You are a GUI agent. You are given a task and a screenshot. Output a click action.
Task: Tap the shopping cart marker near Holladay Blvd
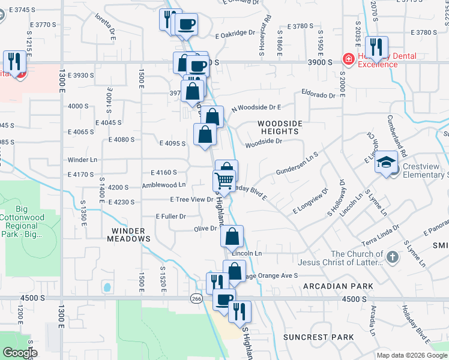click(224, 179)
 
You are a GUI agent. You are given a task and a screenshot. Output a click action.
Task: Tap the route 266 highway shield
click(196, 299)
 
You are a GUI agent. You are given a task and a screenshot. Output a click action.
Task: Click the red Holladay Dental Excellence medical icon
click(348, 59)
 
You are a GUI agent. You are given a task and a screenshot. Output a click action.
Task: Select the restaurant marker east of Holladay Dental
click(376, 48)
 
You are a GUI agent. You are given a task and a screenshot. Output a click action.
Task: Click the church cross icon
click(392, 257)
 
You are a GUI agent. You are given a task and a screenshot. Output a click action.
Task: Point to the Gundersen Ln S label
click(297, 163)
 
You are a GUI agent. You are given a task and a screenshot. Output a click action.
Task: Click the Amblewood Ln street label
click(163, 185)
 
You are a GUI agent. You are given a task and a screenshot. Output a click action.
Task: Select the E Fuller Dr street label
click(170, 215)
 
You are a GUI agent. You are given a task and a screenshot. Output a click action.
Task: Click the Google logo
click(19, 353)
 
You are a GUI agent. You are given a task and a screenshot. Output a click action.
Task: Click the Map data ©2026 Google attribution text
click(411, 355)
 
